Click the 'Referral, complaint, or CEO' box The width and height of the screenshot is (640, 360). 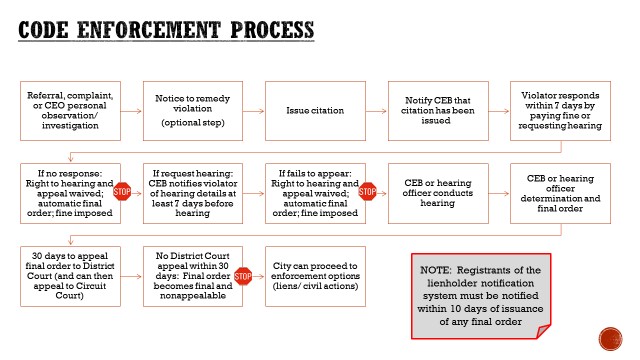click(69, 108)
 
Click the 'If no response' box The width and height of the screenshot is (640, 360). click(69, 191)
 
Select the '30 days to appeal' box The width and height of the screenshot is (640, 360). click(69, 274)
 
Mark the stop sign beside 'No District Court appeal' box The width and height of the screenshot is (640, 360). click(243, 275)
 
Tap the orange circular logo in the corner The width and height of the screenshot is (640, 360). click(607, 340)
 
